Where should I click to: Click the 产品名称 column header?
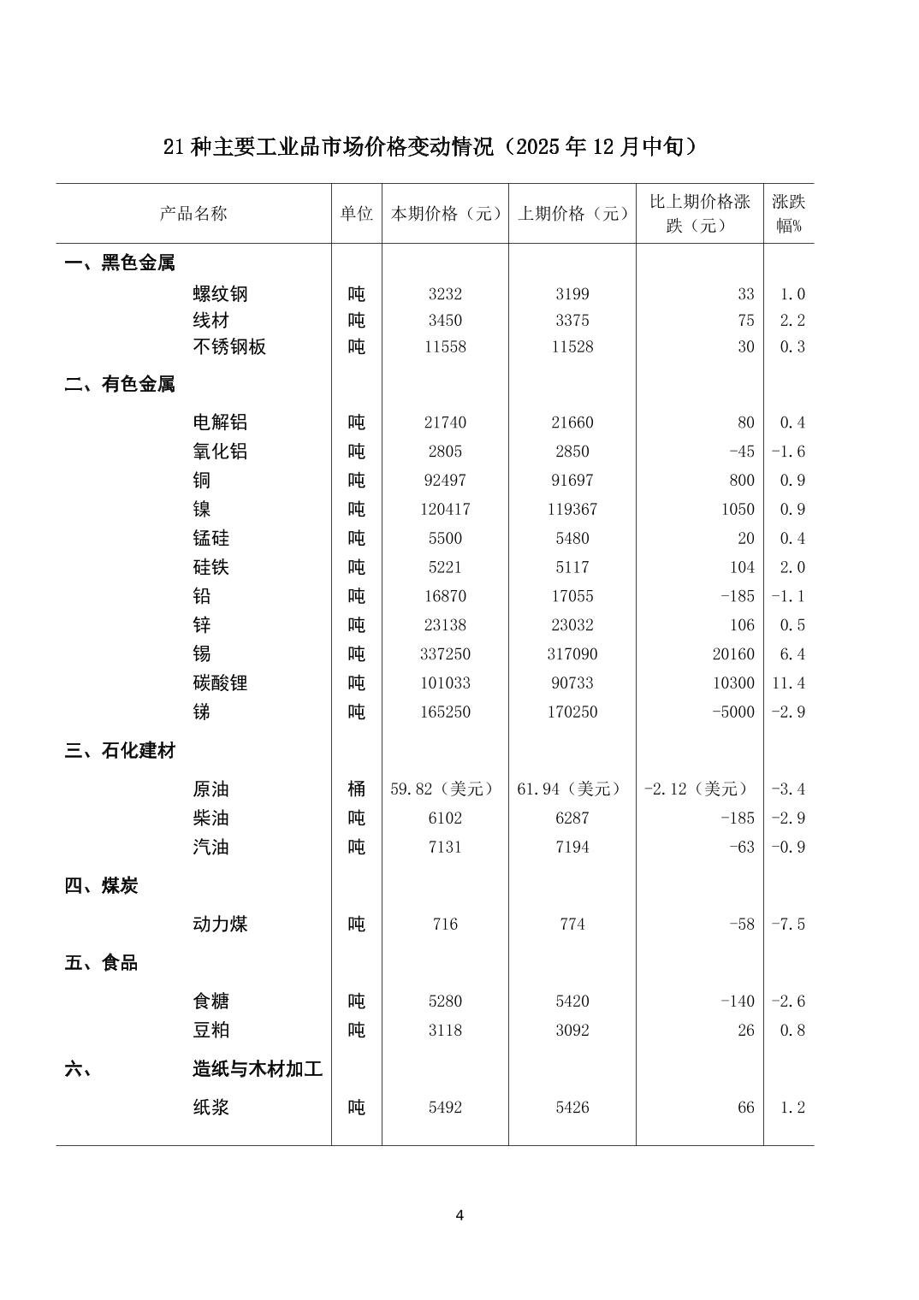pyautogui.click(x=193, y=214)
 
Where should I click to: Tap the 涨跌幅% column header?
pyautogui.click(x=788, y=214)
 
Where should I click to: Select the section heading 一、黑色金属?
pyautogui.click(x=120, y=263)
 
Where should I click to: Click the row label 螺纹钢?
pyautogui.click(x=220, y=294)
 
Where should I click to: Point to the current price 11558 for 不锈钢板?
pyautogui.click(x=445, y=347)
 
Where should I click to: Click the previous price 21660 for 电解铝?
pyautogui.click(x=572, y=422)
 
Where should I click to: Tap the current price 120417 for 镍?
pyautogui.click(x=445, y=510)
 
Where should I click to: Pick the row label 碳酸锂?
pyautogui.click(x=220, y=683)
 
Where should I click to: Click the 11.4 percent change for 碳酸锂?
pyautogui.click(x=792, y=683)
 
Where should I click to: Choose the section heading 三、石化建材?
pyautogui.click(x=120, y=751)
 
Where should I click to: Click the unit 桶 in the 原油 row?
pyautogui.click(x=356, y=789)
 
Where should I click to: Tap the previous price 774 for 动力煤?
pyautogui.click(x=572, y=925)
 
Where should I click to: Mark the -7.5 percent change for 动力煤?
pyautogui.click(x=788, y=925)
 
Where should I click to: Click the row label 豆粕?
pyautogui.click(x=210, y=1031)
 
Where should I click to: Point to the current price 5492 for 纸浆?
pyautogui.click(x=445, y=1108)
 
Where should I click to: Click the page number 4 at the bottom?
pyautogui.click(x=459, y=1215)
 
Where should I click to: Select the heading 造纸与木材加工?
pyautogui.click(x=258, y=1069)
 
